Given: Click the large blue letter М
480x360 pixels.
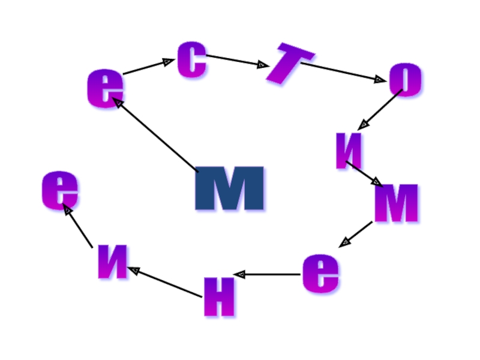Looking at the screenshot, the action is pos(230,188).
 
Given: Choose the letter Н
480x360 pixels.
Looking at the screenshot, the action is pos(219,296).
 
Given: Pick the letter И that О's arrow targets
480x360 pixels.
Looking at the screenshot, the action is pos(350,151).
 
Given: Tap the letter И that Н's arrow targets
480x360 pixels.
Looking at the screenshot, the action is pos(113,264).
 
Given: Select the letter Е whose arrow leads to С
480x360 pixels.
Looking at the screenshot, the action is pos(105,89).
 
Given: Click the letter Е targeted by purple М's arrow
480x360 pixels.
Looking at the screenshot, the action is pos(320,274).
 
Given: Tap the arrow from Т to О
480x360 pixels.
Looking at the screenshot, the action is pos(342,71).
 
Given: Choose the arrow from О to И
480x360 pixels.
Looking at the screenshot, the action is pos(379,109).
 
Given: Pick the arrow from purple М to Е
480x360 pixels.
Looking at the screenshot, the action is pos(355,235).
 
